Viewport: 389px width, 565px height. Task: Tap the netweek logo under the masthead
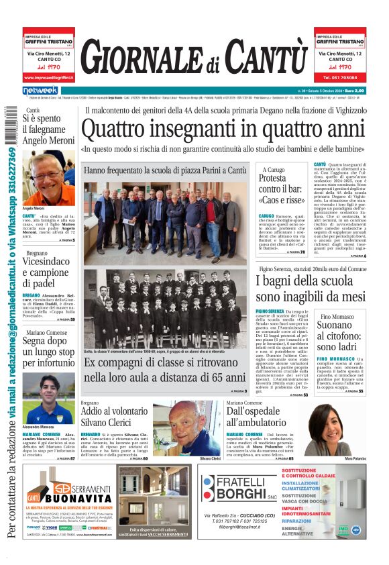40,91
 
